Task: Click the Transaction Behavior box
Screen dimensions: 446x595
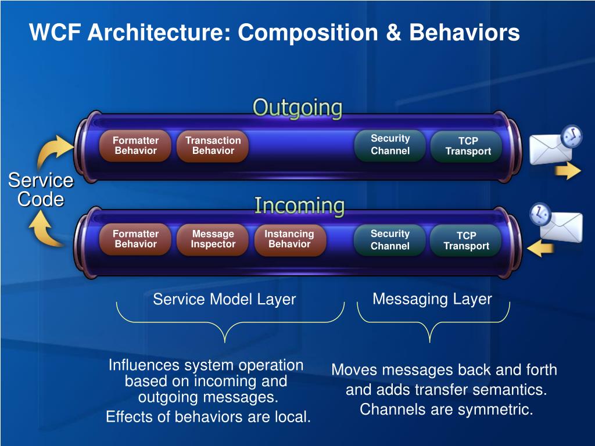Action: [213, 145]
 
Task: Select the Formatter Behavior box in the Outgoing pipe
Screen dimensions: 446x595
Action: [135, 145]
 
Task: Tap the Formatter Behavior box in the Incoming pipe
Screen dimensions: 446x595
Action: [135, 239]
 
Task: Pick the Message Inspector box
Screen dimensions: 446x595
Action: [213, 239]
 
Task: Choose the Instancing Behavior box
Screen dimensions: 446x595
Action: [289, 239]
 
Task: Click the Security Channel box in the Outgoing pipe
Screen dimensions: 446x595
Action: [390, 145]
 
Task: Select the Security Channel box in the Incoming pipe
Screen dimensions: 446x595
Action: [390, 240]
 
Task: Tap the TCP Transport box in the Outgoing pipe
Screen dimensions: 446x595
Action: [467, 146]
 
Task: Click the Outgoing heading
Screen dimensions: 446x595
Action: [297, 109]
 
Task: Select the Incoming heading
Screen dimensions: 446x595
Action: [299, 206]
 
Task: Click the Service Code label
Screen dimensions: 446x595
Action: [40, 190]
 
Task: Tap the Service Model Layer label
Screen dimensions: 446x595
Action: [224, 300]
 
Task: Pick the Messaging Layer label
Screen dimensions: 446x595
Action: [432, 299]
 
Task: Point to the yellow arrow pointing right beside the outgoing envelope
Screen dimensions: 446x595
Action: [567, 171]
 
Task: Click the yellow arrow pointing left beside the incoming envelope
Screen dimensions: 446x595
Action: [540, 249]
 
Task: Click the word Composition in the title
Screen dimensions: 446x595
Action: [302, 33]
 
